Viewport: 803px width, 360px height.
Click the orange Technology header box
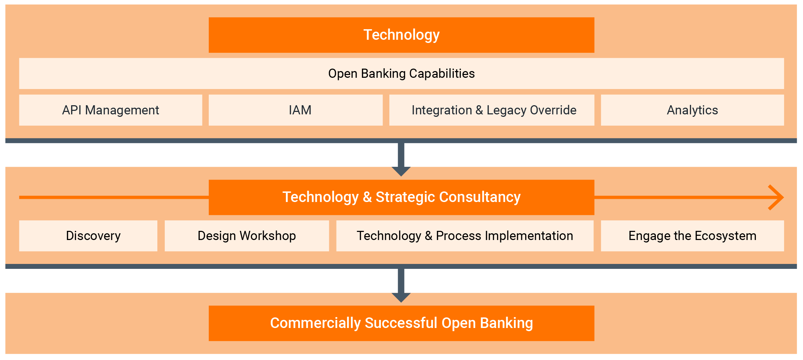pyautogui.click(x=401, y=35)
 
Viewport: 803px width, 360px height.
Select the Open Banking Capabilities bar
pyautogui.click(x=401, y=74)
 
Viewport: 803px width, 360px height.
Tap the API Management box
pyautogui.click(x=111, y=110)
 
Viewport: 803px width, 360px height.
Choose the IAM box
pyautogui.click(x=296, y=110)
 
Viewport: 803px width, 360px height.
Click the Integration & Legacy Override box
pyautogui.click(x=491, y=110)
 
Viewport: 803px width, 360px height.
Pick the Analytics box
pyautogui.click(x=692, y=110)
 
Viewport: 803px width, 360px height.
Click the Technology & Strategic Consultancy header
pyautogui.click(x=401, y=197)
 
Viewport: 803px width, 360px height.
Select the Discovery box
pyautogui.click(x=88, y=236)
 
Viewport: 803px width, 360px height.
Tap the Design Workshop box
pyautogui.click(x=247, y=236)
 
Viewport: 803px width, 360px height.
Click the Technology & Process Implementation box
pyautogui.click(x=465, y=236)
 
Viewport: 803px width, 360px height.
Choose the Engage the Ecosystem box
pyautogui.click(x=692, y=236)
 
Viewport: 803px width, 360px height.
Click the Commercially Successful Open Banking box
pyautogui.click(x=401, y=323)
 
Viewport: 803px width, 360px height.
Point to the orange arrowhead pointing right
pyautogui.click(x=777, y=197)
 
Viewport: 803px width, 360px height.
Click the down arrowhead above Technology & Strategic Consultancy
pyautogui.click(x=401, y=171)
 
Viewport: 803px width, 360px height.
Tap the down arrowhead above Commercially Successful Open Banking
pyautogui.click(x=401, y=297)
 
